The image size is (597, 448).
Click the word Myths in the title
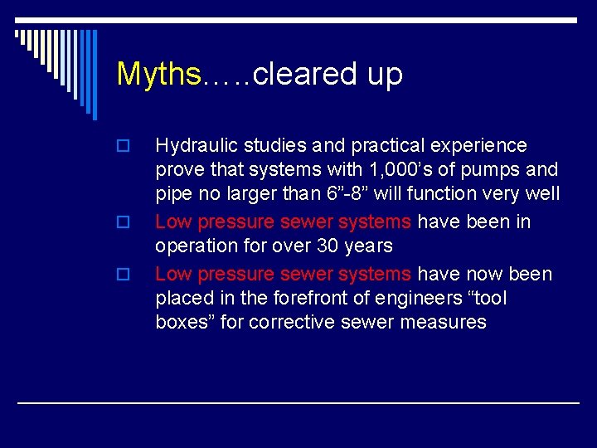(159, 75)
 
